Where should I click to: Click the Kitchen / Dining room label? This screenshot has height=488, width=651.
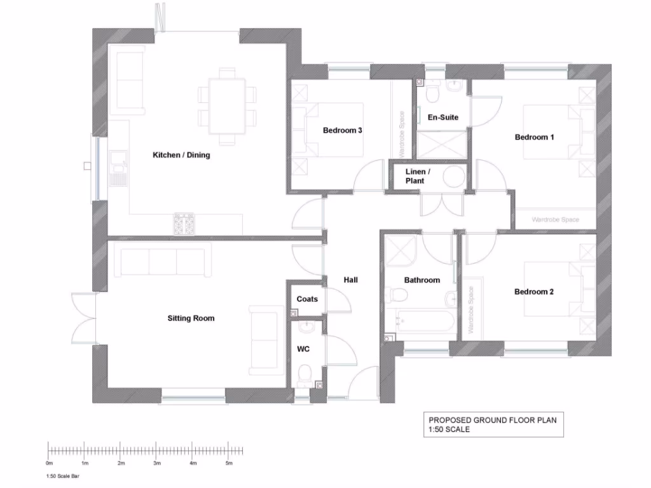coord(181,155)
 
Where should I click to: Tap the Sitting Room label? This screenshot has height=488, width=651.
coord(191,318)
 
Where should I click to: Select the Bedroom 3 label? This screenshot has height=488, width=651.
coord(342,131)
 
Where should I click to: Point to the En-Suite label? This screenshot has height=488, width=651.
coord(442,118)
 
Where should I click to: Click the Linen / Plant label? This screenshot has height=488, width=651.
coord(418,177)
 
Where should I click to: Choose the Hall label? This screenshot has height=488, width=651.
coord(351,280)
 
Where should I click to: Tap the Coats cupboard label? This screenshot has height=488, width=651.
coord(307,299)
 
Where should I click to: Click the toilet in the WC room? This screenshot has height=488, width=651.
coord(305,372)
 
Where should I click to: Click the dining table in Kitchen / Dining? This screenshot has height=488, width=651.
coord(227,105)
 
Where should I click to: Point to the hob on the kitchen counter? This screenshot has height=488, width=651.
coord(184,224)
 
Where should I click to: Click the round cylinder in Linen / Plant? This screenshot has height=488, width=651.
coord(454,177)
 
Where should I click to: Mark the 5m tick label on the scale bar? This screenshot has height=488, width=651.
coord(229,463)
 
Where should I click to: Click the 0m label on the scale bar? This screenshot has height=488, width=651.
coord(50,463)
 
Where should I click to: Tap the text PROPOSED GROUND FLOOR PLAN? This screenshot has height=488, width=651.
coord(487,420)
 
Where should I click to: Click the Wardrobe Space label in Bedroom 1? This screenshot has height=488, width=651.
coord(555,220)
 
